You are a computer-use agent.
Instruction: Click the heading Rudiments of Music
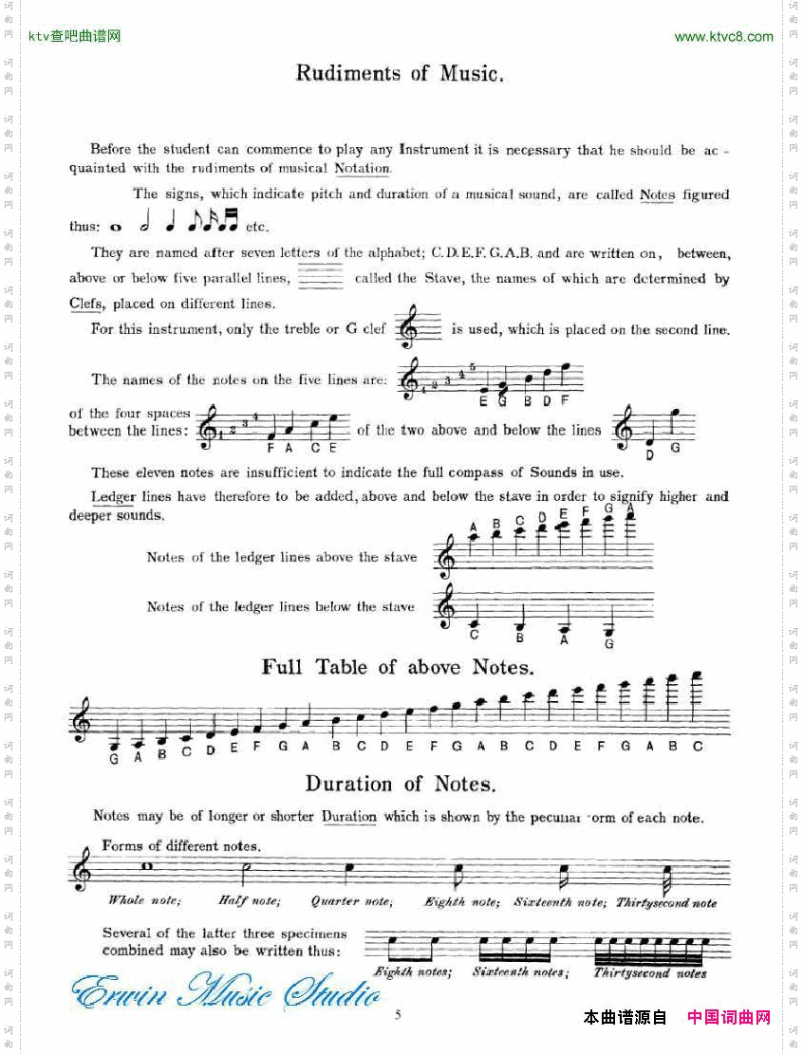point(399,74)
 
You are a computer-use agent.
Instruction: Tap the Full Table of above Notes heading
point(398,668)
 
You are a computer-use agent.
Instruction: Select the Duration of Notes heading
point(400,785)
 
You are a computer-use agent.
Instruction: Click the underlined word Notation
point(363,169)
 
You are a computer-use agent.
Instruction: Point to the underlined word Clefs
point(86,305)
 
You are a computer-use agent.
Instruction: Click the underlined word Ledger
point(113,497)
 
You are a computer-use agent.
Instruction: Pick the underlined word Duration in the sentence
point(348,817)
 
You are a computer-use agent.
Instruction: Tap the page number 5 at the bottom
point(398,1014)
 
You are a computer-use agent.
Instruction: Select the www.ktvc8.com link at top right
point(723,37)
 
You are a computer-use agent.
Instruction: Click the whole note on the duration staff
point(147,865)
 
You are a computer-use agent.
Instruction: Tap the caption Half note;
point(250,901)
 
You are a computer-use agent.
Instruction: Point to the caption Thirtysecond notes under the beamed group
point(650,973)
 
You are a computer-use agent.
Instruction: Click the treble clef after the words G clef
point(409,326)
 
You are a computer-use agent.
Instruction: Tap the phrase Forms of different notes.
point(181,845)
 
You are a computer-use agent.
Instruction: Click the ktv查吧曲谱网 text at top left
point(74,37)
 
